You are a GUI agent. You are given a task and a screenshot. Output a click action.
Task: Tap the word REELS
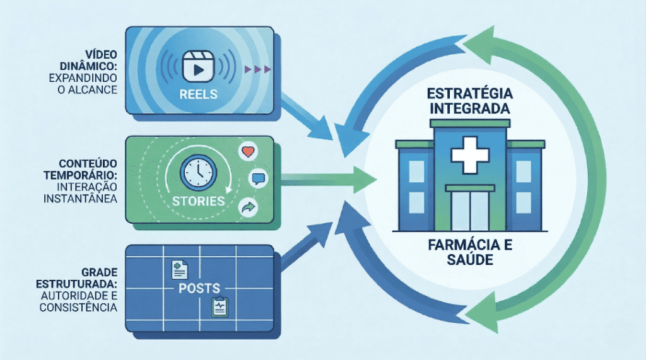tap(197, 94)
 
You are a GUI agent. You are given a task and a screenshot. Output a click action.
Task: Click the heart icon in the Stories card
tap(247, 152)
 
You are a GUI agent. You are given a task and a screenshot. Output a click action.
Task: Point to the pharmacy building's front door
tap(469, 209)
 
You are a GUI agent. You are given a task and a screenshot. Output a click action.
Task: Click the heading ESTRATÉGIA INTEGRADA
tap(469, 102)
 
